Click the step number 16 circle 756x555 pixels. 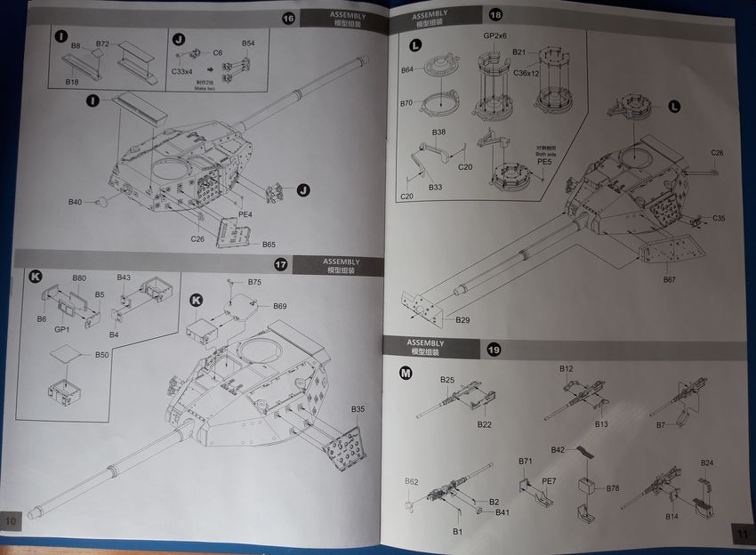click(287, 18)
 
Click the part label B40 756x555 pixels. click(75, 203)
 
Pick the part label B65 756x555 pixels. click(269, 245)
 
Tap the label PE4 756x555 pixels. click(245, 214)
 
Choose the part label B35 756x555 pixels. click(358, 408)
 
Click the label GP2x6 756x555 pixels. click(495, 36)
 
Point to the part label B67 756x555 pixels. click(670, 280)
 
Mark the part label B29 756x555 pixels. click(462, 319)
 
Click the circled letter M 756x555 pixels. click(406, 374)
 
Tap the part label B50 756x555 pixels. click(102, 355)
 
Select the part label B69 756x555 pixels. click(280, 306)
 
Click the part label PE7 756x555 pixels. click(549, 481)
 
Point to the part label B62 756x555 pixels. click(411, 482)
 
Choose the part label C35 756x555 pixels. click(719, 218)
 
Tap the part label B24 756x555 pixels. click(707, 462)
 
